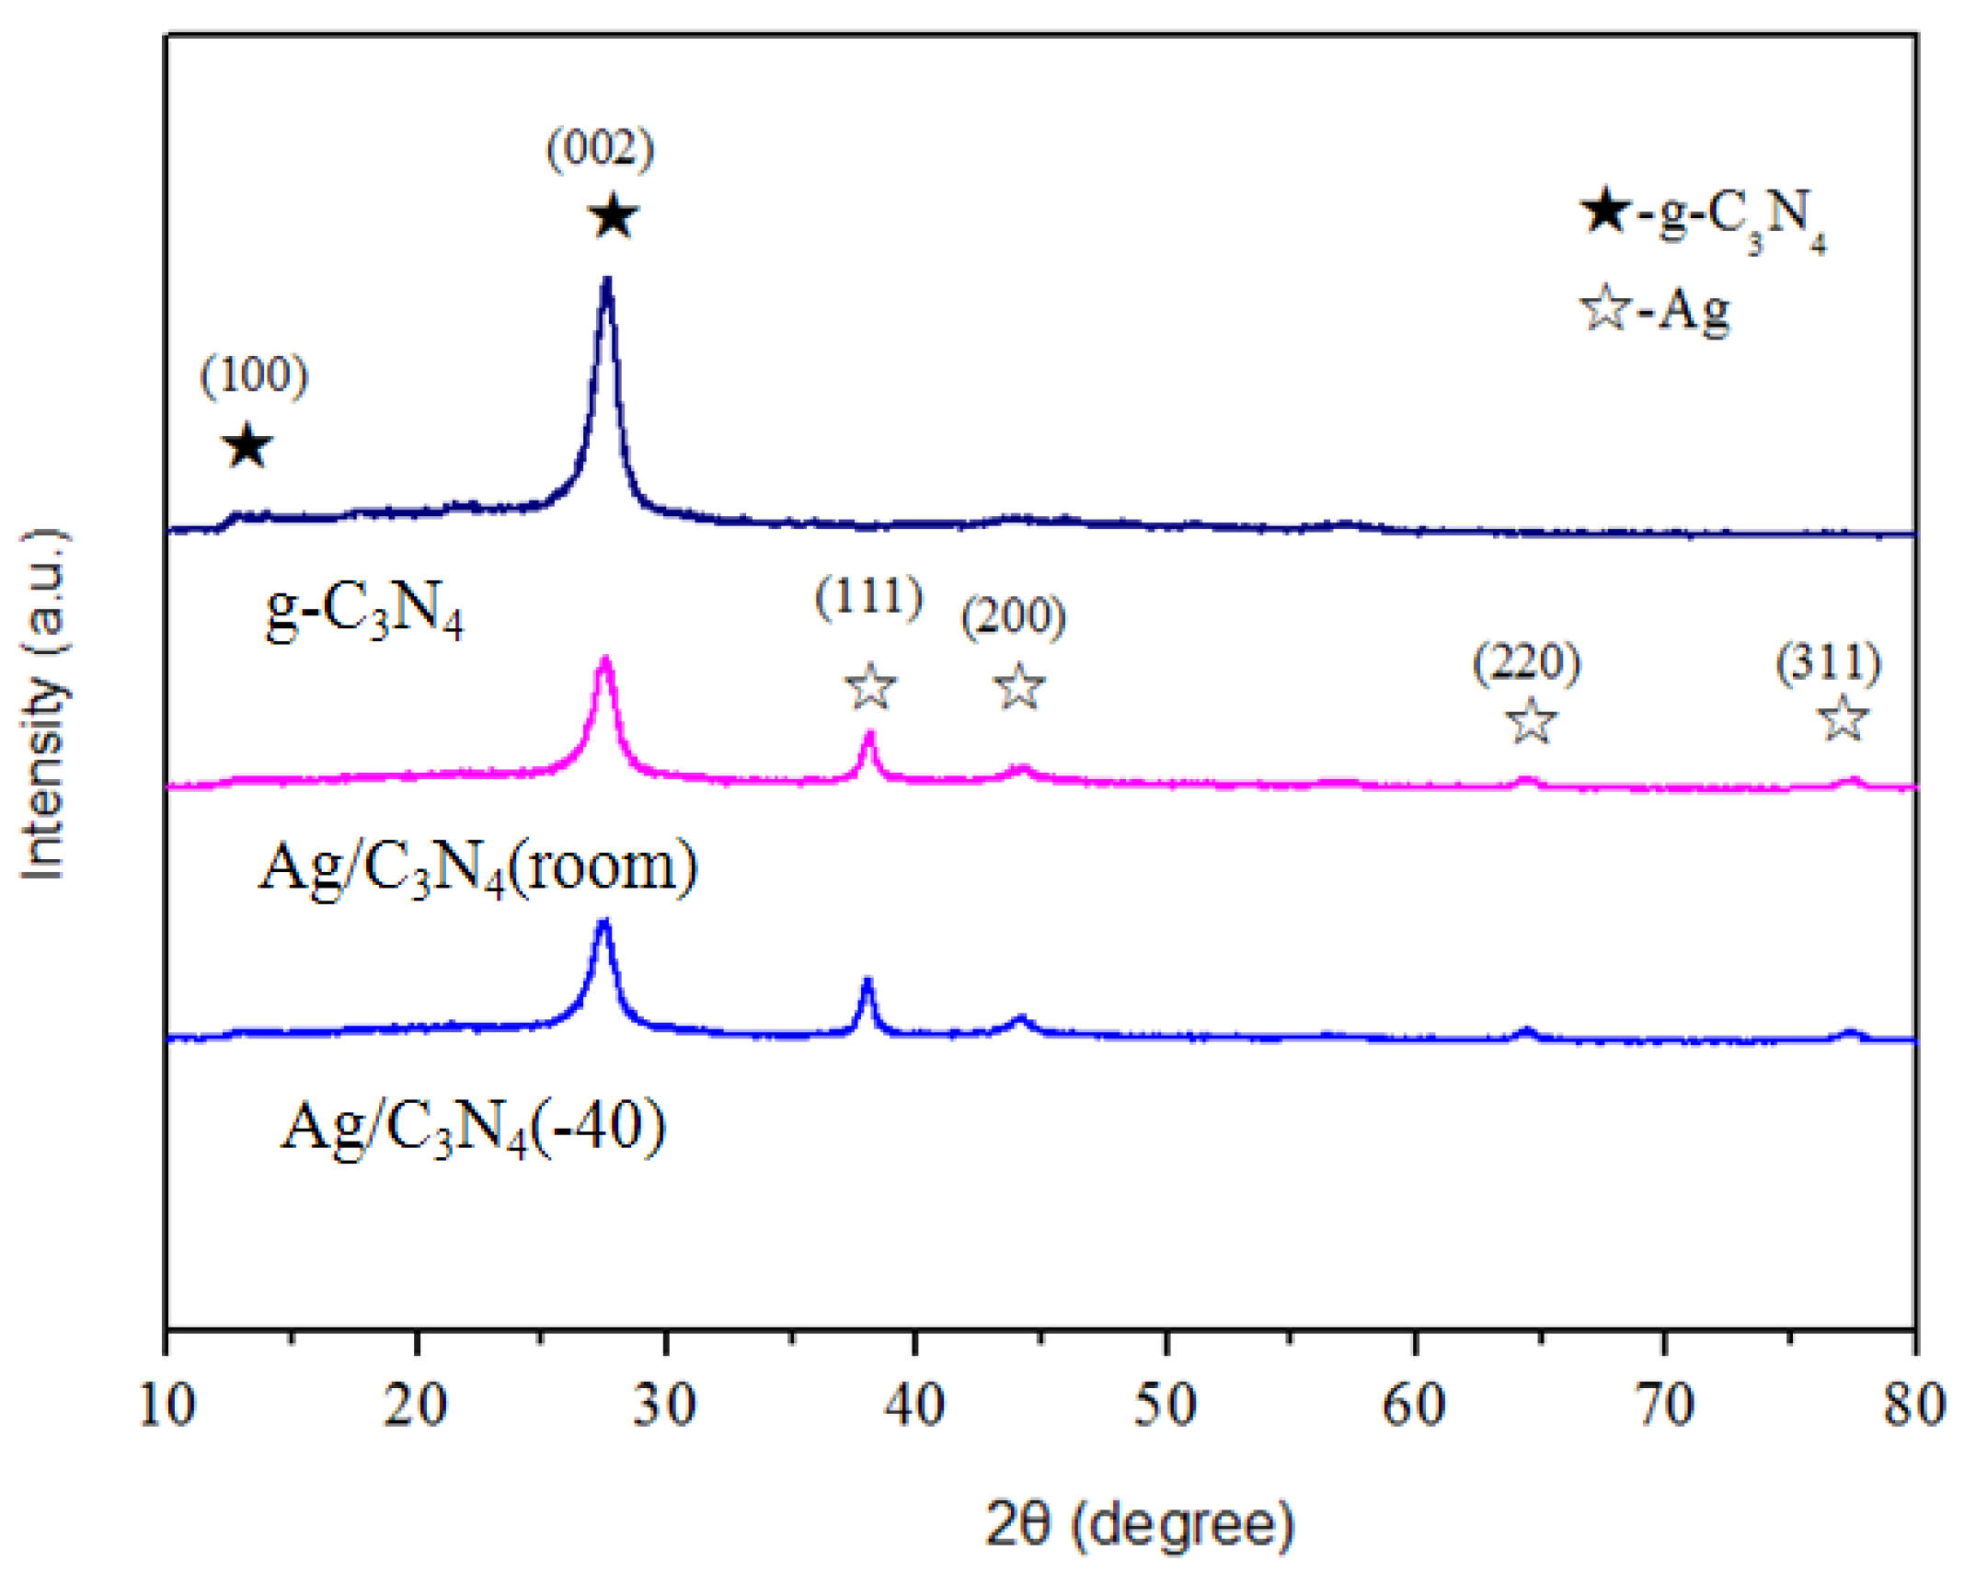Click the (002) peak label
pos(600,148)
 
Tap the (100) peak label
pos(254,374)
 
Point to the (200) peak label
pos(1013,616)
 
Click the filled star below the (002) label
pos(613,217)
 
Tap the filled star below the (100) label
pos(247,446)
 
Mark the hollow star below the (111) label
pos(869,686)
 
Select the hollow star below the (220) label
pos(1532,721)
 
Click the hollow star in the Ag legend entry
pos(1605,308)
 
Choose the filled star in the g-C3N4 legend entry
pos(1605,211)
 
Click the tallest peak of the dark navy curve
pos(606,281)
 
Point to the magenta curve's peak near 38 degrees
pos(869,735)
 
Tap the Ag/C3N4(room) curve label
pos(477,867)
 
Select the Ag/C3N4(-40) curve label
pos(473,1127)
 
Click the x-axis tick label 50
pos(1165,1406)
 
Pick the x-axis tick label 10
pos(167,1406)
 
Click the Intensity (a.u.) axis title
pos(43,704)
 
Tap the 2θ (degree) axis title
pos(1140,1524)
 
